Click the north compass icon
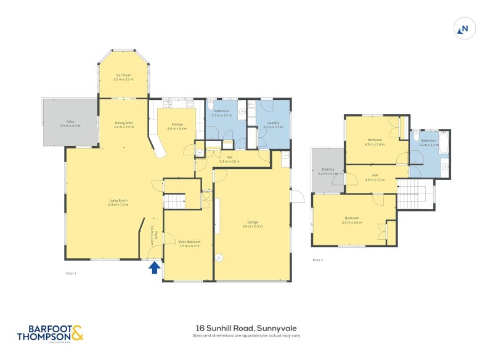(x=464, y=28)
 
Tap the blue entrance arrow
(x=154, y=267)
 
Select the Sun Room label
(x=123, y=77)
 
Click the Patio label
(x=70, y=123)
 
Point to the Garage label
(x=252, y=224)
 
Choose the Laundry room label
(x=272, y=125)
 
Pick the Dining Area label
(x=124, y=125)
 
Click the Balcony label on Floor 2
(x=328, y=172)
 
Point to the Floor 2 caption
(x=318, y=260)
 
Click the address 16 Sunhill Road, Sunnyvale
(x=246, y=329)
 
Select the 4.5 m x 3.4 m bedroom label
(x=375, y=142)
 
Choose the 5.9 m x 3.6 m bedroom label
(x=352, y=220)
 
